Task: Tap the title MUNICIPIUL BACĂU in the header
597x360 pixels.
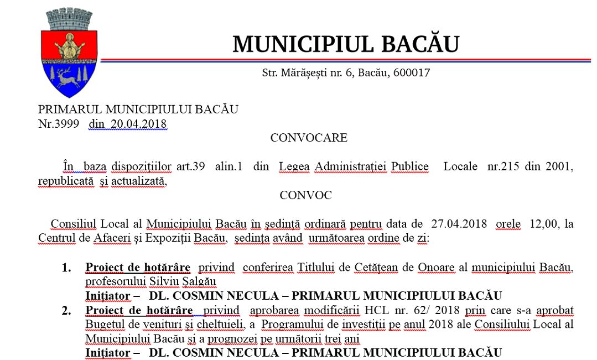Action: click(346, 44)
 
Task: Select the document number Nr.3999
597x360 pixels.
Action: click(59, 124)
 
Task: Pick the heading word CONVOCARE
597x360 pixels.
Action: click(309, 138)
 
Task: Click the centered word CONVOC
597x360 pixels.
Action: click(305, 195)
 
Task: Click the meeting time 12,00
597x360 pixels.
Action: click(543, 224)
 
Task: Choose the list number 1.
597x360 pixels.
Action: click(66, 268)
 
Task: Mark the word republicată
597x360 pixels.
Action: click(66, 181)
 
